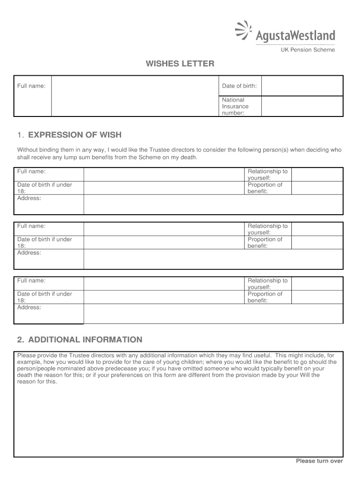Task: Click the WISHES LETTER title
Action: point(180,64)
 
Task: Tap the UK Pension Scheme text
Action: point(307,50)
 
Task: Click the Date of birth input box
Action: point(302,86)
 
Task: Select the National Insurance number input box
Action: point(302,106)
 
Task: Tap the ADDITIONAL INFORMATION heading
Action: point(79,340)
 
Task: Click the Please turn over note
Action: point(319,461)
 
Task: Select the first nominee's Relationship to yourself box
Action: point(317,174)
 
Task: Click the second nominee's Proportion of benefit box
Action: point(317,242)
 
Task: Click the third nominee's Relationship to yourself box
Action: point(317,283)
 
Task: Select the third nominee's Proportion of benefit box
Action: point(317,297)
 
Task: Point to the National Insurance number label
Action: point(235,106)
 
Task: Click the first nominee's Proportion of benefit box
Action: point(317,188)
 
